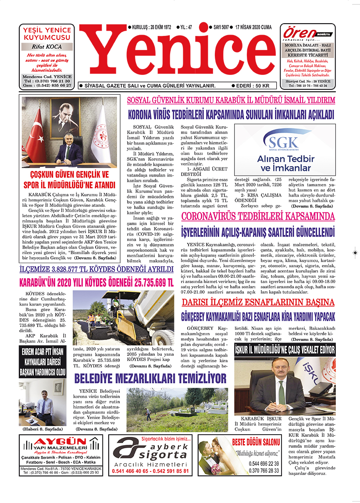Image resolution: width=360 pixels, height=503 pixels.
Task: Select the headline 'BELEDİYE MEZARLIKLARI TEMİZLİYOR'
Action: coord(150,378)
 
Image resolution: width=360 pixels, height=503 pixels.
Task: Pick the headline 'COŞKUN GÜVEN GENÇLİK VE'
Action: coord(69,174)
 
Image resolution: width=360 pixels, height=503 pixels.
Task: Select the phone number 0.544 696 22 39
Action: coord(264,464)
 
